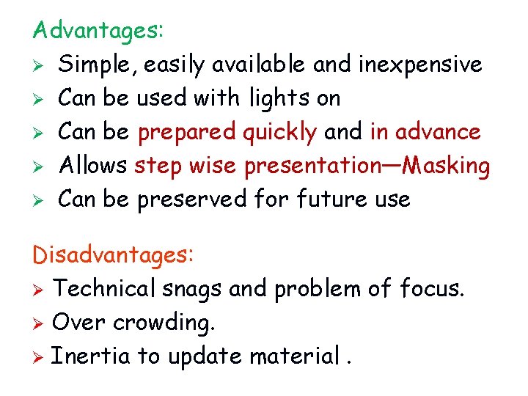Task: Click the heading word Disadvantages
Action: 111,255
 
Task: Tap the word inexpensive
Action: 420,65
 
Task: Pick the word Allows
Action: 92,166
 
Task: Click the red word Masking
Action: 447,166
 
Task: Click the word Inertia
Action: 91,356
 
